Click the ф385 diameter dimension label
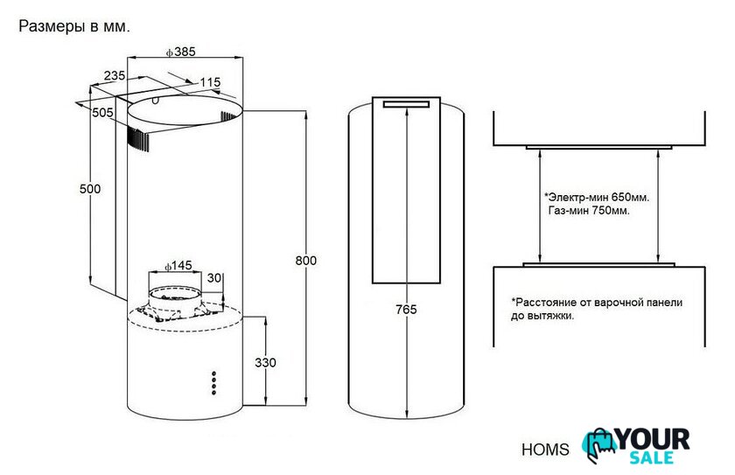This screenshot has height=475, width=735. tap(180, 52)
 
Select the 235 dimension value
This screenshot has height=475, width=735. tap(115, 75)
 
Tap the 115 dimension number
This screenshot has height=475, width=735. tap(210, 82)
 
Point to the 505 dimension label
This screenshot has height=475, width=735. tap(102, 113)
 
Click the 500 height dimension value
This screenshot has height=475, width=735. tap(90, 189)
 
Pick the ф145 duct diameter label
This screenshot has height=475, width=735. tap(178, 266)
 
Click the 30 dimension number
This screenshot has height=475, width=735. tap(214, 278)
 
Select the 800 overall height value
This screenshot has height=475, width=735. tap(305, 261)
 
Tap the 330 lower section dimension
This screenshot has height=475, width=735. tap(265, 362)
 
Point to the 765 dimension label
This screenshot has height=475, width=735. tap(406, 310)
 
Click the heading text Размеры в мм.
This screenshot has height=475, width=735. tap(74, 27)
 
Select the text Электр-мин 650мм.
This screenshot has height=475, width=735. tap(597, 197)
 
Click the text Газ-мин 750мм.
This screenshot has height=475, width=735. tap(589, 211)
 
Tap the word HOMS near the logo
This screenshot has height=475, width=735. tap(545, 450)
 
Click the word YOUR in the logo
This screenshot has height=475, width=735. tap(653, 440)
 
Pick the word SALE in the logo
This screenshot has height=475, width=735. tap(652, 458)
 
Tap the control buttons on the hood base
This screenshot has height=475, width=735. tap(213, 383)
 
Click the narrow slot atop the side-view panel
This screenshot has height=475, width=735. tap(406, 104)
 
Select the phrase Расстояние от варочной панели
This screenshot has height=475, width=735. tap(597, 303)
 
